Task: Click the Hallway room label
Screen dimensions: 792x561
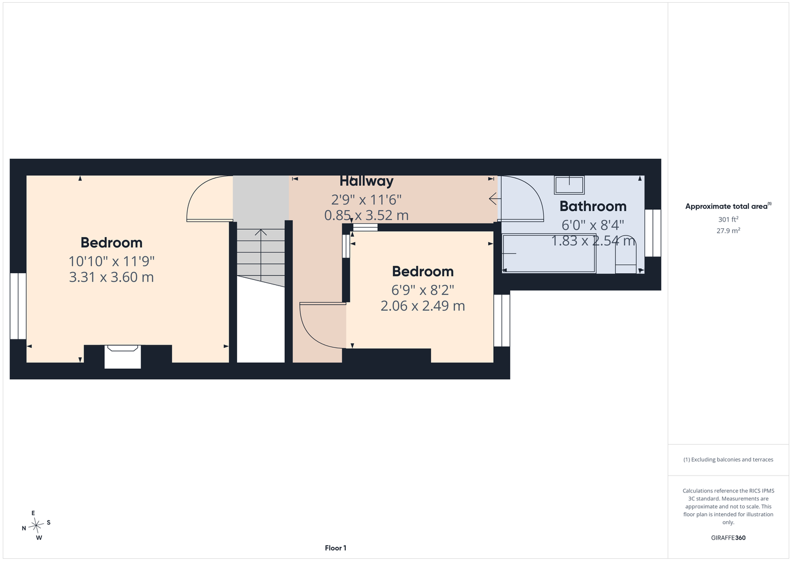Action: coord(367,181)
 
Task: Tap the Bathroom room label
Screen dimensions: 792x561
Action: coord(593,206)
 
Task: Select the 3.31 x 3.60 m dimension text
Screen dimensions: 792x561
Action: coord(112,277)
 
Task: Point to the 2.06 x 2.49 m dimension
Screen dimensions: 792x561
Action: coord(423,306)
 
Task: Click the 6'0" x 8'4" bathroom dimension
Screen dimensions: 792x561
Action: coord(593,225)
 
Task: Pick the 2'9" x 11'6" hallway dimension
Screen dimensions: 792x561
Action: coord(367,200)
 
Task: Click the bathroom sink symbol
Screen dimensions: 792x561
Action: coord(569,185)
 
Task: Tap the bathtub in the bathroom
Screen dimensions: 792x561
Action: coord(549,254)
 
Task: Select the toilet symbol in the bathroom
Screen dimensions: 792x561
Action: coord(626,254)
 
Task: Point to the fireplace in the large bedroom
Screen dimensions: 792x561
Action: coord(122,357)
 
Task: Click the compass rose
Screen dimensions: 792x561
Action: coord(36,525)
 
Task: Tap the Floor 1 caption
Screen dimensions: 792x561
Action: coord(336,548)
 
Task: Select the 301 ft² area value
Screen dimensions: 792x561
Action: coord(728,219)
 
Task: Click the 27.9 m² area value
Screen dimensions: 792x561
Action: coord(728,231)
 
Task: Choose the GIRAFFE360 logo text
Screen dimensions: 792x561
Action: coord(728,537)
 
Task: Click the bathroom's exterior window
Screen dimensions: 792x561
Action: coord(652,233)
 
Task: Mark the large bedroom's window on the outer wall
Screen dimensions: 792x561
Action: coord(18,306)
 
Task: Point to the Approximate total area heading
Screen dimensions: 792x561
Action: coord(728,206)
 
